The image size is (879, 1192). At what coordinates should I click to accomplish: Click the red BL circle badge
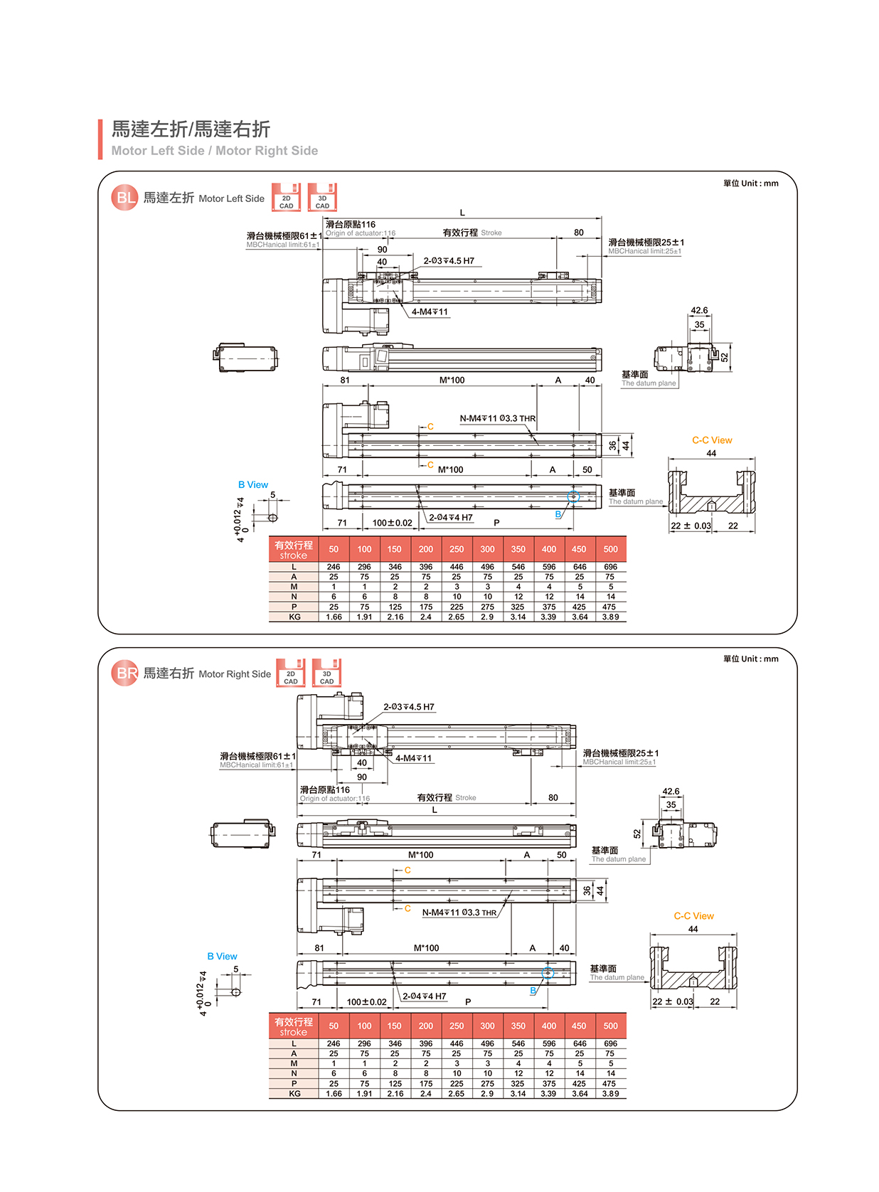(x=124, y=198)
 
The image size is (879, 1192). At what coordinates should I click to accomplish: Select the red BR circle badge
(x=124, y=673)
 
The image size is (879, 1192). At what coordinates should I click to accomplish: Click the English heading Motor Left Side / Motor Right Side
(x=214, y=151)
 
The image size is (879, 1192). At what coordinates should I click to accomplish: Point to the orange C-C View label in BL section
(x=711, y=440)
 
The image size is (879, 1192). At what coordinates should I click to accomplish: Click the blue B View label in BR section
(x=222, y=957)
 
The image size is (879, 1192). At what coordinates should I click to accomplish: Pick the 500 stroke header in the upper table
(x=610, y=549)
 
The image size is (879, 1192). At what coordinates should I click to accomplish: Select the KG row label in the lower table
(x=294, y=1094)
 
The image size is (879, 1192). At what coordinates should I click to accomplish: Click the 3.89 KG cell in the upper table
(x=610, y=617)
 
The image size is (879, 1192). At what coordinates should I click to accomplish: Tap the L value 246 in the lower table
(x=334, y=1044)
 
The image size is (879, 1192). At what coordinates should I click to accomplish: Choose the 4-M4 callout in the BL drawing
(x=430, y=312)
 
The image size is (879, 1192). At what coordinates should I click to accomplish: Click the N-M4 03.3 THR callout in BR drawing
(x=459, y=912)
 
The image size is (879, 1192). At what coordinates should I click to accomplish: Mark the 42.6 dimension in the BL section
(x=699, y=311)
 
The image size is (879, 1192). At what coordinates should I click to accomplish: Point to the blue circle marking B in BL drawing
(x=573, y=497)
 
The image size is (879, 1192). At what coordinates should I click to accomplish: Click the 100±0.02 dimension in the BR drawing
(x=366, y=1002)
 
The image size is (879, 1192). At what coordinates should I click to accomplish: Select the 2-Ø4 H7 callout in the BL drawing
(x=450, y=518)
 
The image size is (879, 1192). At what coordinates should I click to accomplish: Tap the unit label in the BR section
(x=750, y=659)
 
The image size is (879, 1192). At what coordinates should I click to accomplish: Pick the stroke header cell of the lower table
(x=294, y=1026)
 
